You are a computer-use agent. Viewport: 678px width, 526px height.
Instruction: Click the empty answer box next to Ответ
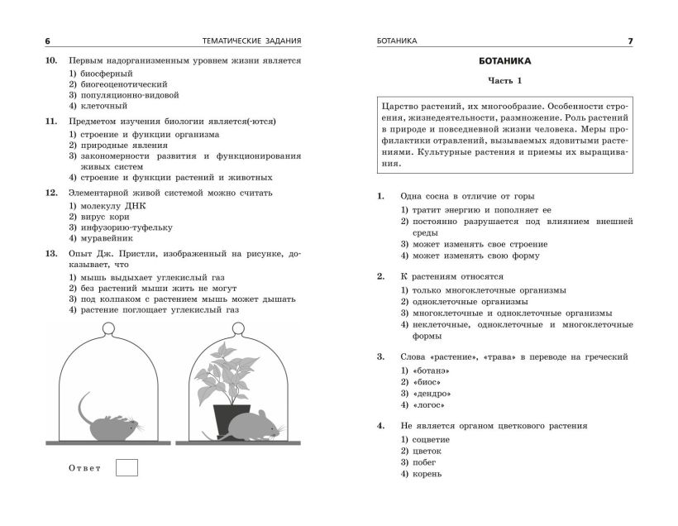tap(127, 468)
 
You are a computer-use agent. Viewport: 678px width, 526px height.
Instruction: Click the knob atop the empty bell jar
tap(108, 328)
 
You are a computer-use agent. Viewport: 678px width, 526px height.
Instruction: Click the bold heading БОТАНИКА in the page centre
tap(504, 61)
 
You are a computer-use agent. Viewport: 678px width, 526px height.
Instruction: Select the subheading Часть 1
tap(504, 80)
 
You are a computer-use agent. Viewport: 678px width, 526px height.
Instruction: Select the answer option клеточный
tap(103, 106)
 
